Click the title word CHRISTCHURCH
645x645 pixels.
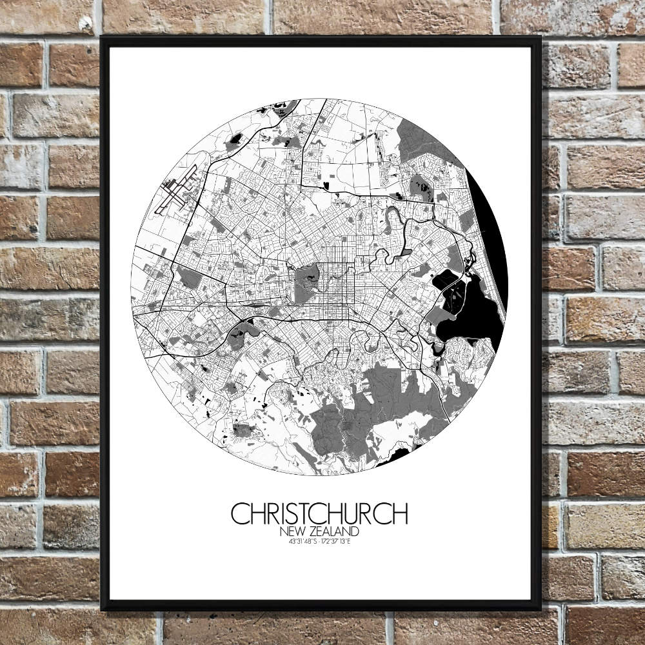[319, 514]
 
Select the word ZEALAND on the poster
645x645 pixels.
[336, 531]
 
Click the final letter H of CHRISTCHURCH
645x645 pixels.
[400, 514]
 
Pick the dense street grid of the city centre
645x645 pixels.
[339, 284]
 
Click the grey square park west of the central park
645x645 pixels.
[190, 278]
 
